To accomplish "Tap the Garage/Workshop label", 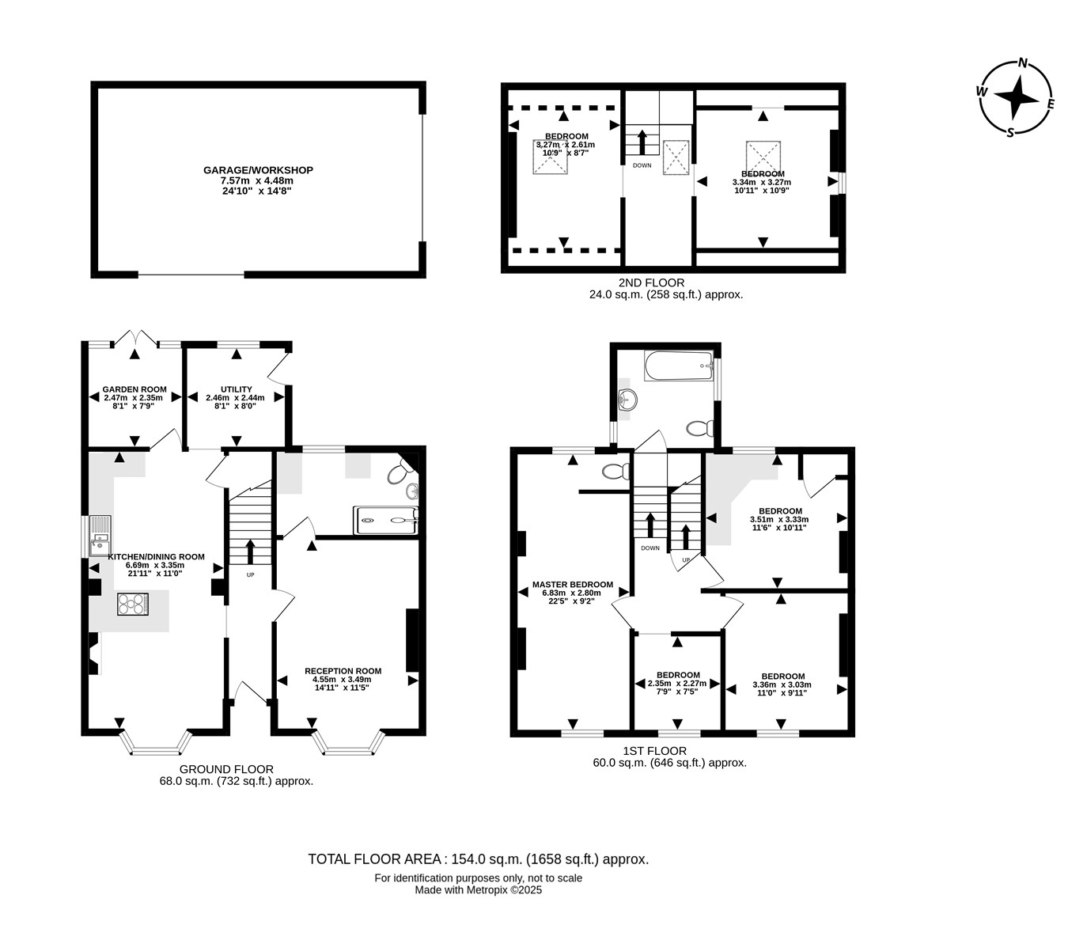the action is (258, 170).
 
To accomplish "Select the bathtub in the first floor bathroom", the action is (679, 366).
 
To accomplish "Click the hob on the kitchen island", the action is (133, 604).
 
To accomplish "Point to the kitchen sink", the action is (100, 535).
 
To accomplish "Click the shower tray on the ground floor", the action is (385, 521).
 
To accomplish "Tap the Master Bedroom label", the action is (573, 584).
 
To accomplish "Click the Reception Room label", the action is (343, 671).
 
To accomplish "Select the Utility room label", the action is (237, 389).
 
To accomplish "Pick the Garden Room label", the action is (134, 389).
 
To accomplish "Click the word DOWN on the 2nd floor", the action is (642, 165).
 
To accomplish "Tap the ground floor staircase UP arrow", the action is (250, 552).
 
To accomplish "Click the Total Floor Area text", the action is (478, 859).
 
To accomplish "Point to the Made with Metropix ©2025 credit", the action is (478, 890).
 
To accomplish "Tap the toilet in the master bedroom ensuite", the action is (615, 471).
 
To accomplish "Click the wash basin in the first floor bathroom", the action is (627, 399).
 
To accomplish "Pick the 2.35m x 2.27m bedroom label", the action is (677, 683).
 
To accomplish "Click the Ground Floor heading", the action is (227, 769).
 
